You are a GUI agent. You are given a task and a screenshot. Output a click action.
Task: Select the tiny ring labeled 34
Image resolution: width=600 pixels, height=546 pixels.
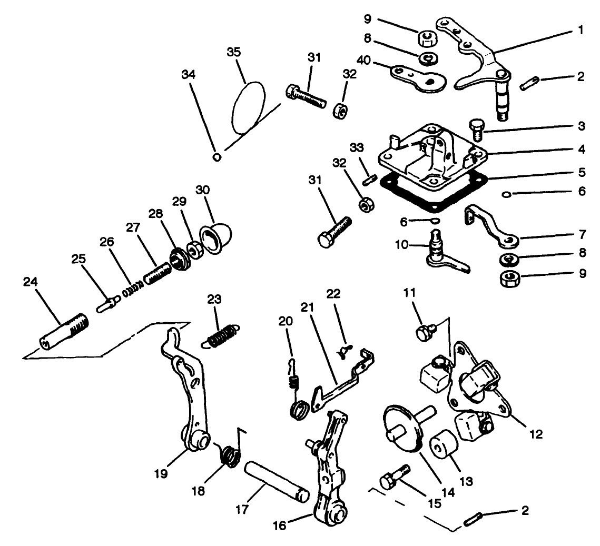(x=217, y=156)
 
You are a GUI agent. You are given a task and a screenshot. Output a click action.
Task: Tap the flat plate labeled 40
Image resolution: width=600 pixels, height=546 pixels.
(x=419, y=78)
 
